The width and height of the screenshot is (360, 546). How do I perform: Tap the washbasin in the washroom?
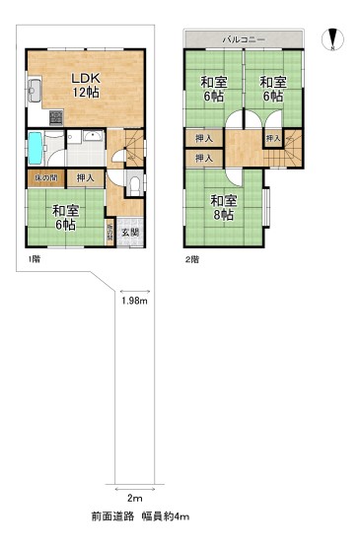[x=91, y=140]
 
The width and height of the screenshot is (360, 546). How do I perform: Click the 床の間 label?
[x=44, y=177]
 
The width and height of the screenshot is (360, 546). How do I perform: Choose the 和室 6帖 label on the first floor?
[x=66, y=215]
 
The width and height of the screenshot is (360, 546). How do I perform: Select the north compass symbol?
[x=333, y=40]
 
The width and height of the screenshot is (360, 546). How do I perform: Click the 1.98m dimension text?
[x=134, y=301]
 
